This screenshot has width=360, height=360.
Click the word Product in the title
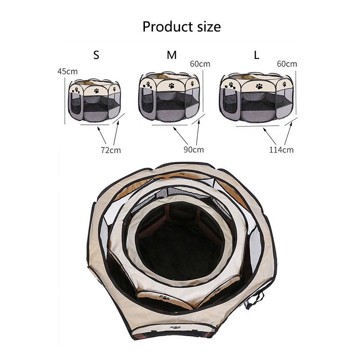[163, 27]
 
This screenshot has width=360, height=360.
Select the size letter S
[96, 55]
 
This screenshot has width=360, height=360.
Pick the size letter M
[171, 55]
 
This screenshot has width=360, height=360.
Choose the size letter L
[256, 55]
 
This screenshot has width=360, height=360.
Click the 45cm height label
[67, 72]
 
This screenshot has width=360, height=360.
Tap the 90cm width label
[193, 149]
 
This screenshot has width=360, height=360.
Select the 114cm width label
[282, 150]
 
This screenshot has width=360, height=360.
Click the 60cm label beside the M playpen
[200, 64]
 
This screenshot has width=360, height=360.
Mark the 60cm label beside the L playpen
[287, 64]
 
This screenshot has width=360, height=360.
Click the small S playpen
[95, 100]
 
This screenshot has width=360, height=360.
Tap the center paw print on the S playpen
[97, 90]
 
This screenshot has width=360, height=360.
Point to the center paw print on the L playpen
[259, 85]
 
